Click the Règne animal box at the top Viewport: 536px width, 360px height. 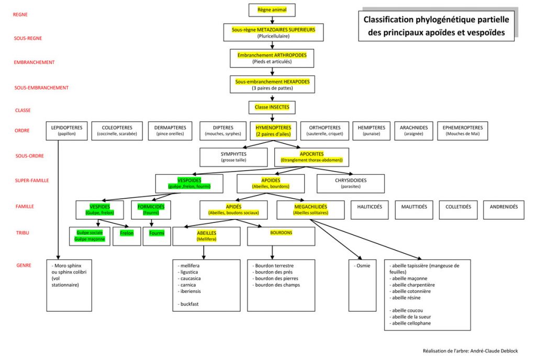click(x=272, y=9)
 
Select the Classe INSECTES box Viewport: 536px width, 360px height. click(x=272, y=107)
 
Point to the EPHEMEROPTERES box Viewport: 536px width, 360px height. click(x=463, y=131)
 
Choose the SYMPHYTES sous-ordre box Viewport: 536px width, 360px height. click(x=233, y=157)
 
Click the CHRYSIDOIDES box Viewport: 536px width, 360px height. click(x=350, y=183)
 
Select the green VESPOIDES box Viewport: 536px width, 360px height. click(x=189, y=183)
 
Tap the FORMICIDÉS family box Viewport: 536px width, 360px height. click(x=151, y=209)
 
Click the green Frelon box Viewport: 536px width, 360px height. click(x=127, y=233)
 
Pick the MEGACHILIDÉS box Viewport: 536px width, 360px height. click(x=310, y=209)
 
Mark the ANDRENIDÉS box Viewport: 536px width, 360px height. click(x=504, y=207)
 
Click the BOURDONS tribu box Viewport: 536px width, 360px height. click(x=281, y=236)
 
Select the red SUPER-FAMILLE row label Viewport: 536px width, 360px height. click(x=32, y=181)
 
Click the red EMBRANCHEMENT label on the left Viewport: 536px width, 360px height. click(x=34, y=62)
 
